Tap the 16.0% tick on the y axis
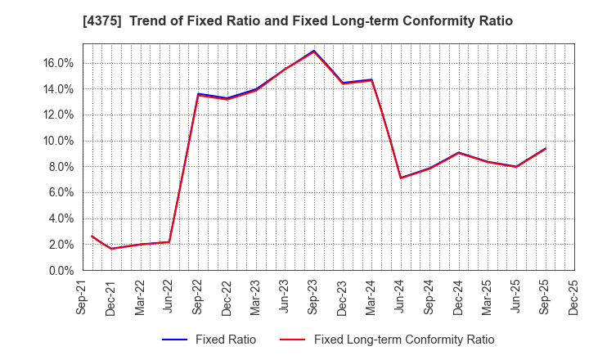[58, 63]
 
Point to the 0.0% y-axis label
[61, 270]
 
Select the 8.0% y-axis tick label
[61, 167]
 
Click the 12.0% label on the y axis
[58, 115]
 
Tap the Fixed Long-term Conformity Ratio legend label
[404, 340]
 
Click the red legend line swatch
[292, 340]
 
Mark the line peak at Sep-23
[314, 51]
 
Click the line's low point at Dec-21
[112, 249]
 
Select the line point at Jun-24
[401, 178]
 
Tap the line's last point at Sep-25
[546, 148]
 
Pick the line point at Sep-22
[199, 95]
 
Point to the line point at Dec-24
[459, 153]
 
